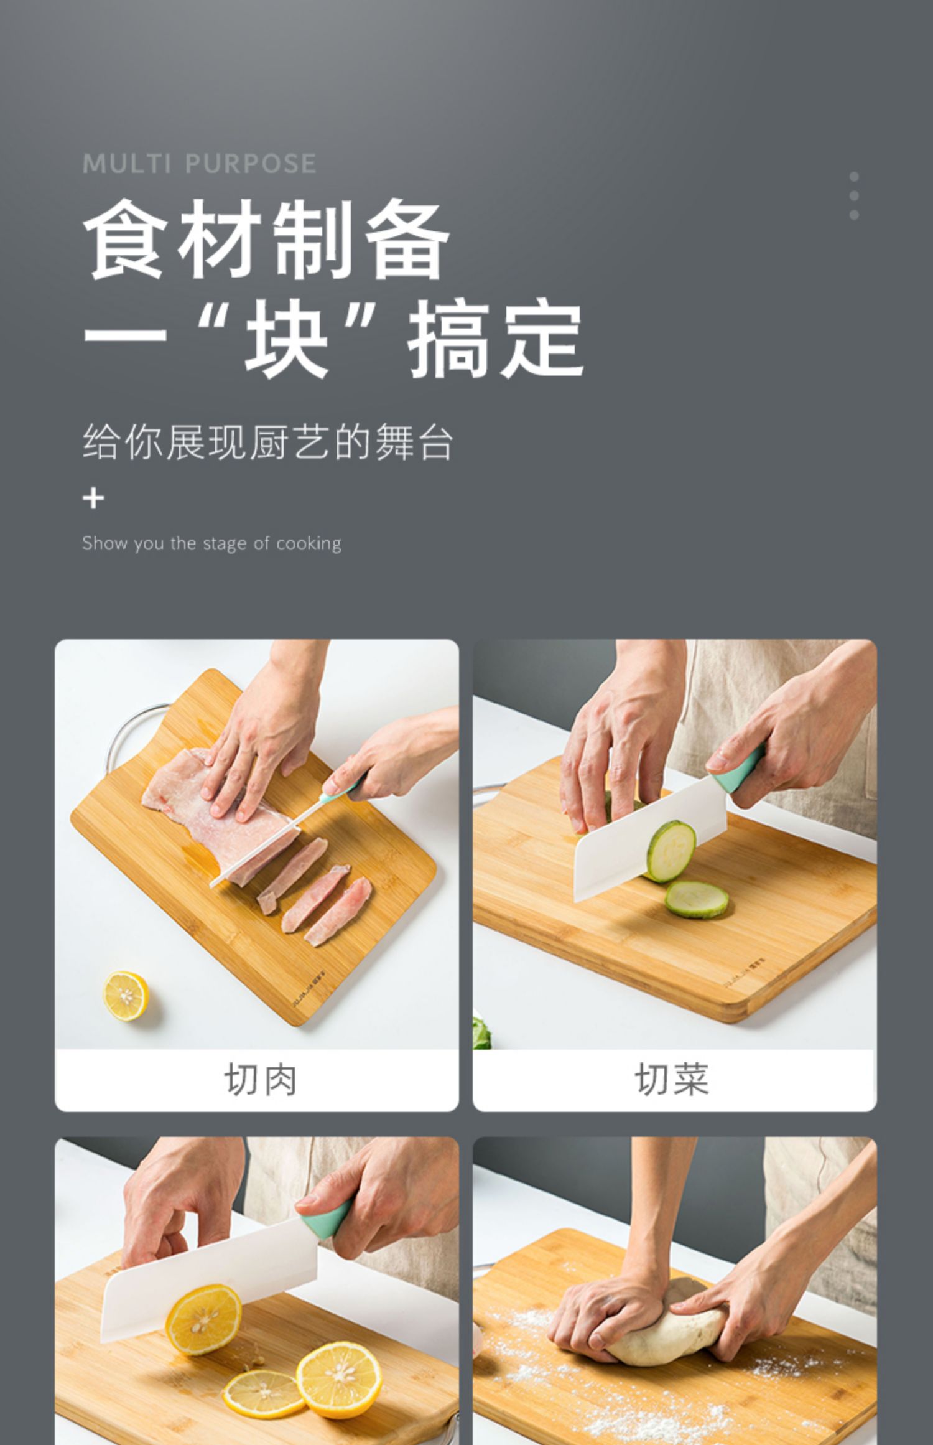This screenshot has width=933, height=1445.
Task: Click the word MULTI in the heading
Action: pyautogui.click(x=126, y=164)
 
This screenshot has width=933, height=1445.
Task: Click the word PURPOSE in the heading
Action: pyautogui.click(x=251, y=164)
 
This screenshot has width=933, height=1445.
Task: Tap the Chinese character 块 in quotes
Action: pyautogui.click(x=286, y=339)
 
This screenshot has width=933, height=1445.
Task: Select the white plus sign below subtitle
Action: pyautogui.click(x=93, y=498)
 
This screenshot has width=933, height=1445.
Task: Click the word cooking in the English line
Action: pyautogui.click(x=309, y=543)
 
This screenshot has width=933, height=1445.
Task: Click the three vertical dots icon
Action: pyautogui.click(x=854, y=195)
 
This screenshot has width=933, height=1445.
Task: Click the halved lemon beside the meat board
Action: pyautogui.click(x=126, y=995)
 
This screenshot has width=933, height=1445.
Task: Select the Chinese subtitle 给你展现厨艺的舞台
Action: pyautogui.click(x=267, y=442)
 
